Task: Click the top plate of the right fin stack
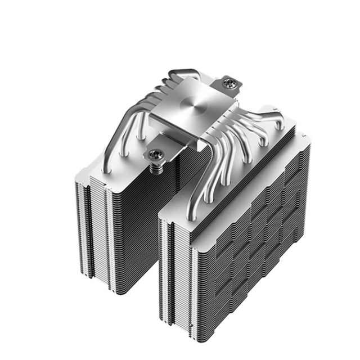click(236, 169)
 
